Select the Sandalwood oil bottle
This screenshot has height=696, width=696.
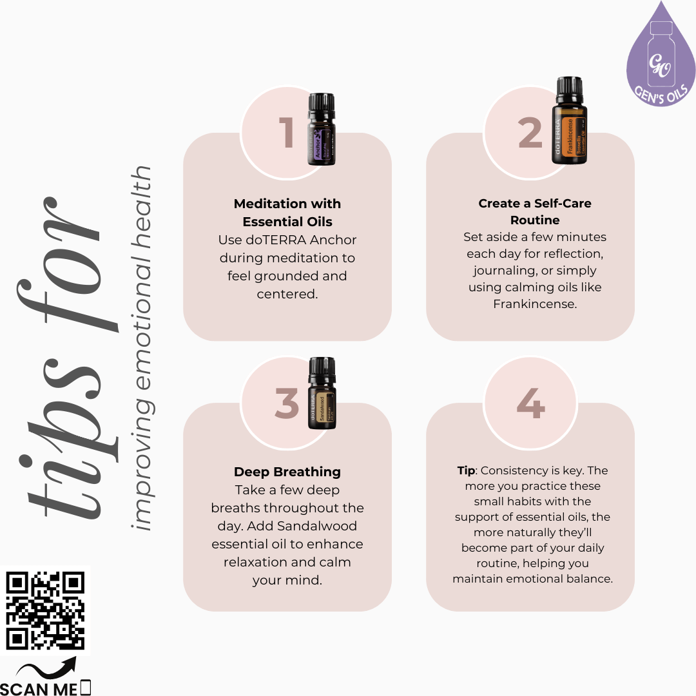pos(322,394)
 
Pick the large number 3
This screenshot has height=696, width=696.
pos(287,404)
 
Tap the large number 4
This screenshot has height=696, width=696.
pos(530,404)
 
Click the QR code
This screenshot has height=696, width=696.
pos(45,610)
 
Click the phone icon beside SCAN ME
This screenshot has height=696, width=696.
pos(86,688)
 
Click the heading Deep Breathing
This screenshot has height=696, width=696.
pos(287,472)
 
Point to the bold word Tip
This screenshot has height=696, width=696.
pos(466,470)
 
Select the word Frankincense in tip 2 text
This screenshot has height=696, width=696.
pos(534,304)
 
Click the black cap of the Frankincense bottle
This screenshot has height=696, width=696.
pos(570,89)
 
